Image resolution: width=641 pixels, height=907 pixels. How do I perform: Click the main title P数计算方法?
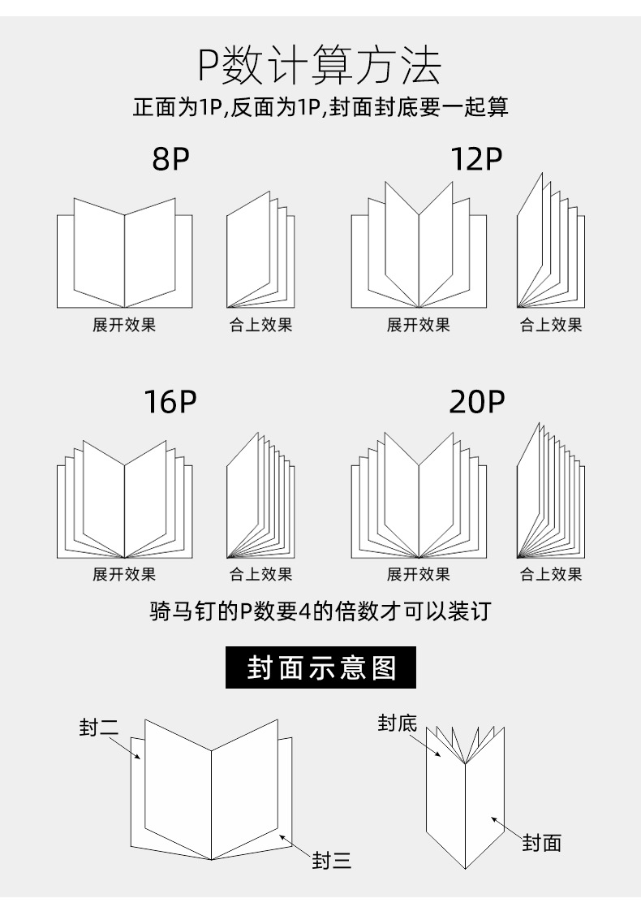[x=320, y=67]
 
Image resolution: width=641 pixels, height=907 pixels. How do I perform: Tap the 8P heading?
[x=170, y=160]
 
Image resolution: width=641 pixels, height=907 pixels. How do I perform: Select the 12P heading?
[x=476, y=160]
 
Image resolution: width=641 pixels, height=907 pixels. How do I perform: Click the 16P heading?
[x=170, y=402]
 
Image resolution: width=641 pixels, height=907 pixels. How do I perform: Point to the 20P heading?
[x=476, y=402]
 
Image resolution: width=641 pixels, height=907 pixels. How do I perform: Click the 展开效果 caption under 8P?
[x=124, y=326]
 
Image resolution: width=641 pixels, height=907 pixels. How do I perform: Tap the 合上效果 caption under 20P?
[x=551, y=574]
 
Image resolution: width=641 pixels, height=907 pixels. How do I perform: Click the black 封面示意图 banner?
[x=320, y=667]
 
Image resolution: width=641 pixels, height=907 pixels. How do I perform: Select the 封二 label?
[x=99, y=728]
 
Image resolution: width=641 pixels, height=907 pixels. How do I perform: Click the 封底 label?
[x=397, y=722]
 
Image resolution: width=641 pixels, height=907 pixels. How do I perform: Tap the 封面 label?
[x=541, y=843]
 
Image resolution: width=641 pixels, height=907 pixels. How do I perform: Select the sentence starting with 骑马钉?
[x=320, y=611]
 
